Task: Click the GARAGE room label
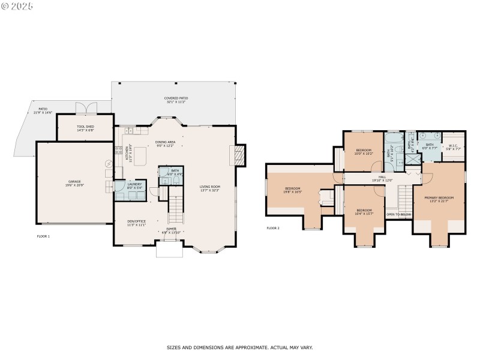pos(74,181)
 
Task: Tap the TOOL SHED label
pos(85,127)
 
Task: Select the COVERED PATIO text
pos(176,98)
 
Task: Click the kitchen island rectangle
pos(140,155)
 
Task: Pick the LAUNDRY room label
pos(134,184)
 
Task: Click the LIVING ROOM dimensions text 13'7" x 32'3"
pos(210,190)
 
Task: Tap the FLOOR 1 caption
pos(43,236)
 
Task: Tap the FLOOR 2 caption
pos(273,228)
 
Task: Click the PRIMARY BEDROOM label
pos(439,198)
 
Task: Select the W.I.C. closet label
pos(453,146)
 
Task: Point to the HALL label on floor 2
pos(382,177)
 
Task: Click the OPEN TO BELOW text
pos(398,214)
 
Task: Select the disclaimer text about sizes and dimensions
pos(239,347)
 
